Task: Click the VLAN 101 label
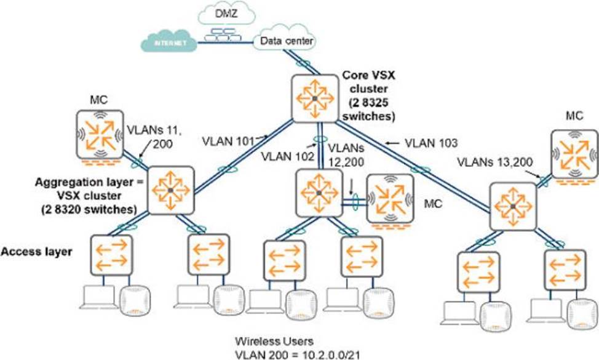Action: tap(227, 141)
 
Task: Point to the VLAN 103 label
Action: tap(430, 142)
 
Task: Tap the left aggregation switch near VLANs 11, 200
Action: tap(170, 190)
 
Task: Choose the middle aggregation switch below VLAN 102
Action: tap(319, 193)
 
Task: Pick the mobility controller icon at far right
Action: tap(575, 154)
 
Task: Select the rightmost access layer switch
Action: tap(564, 271)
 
